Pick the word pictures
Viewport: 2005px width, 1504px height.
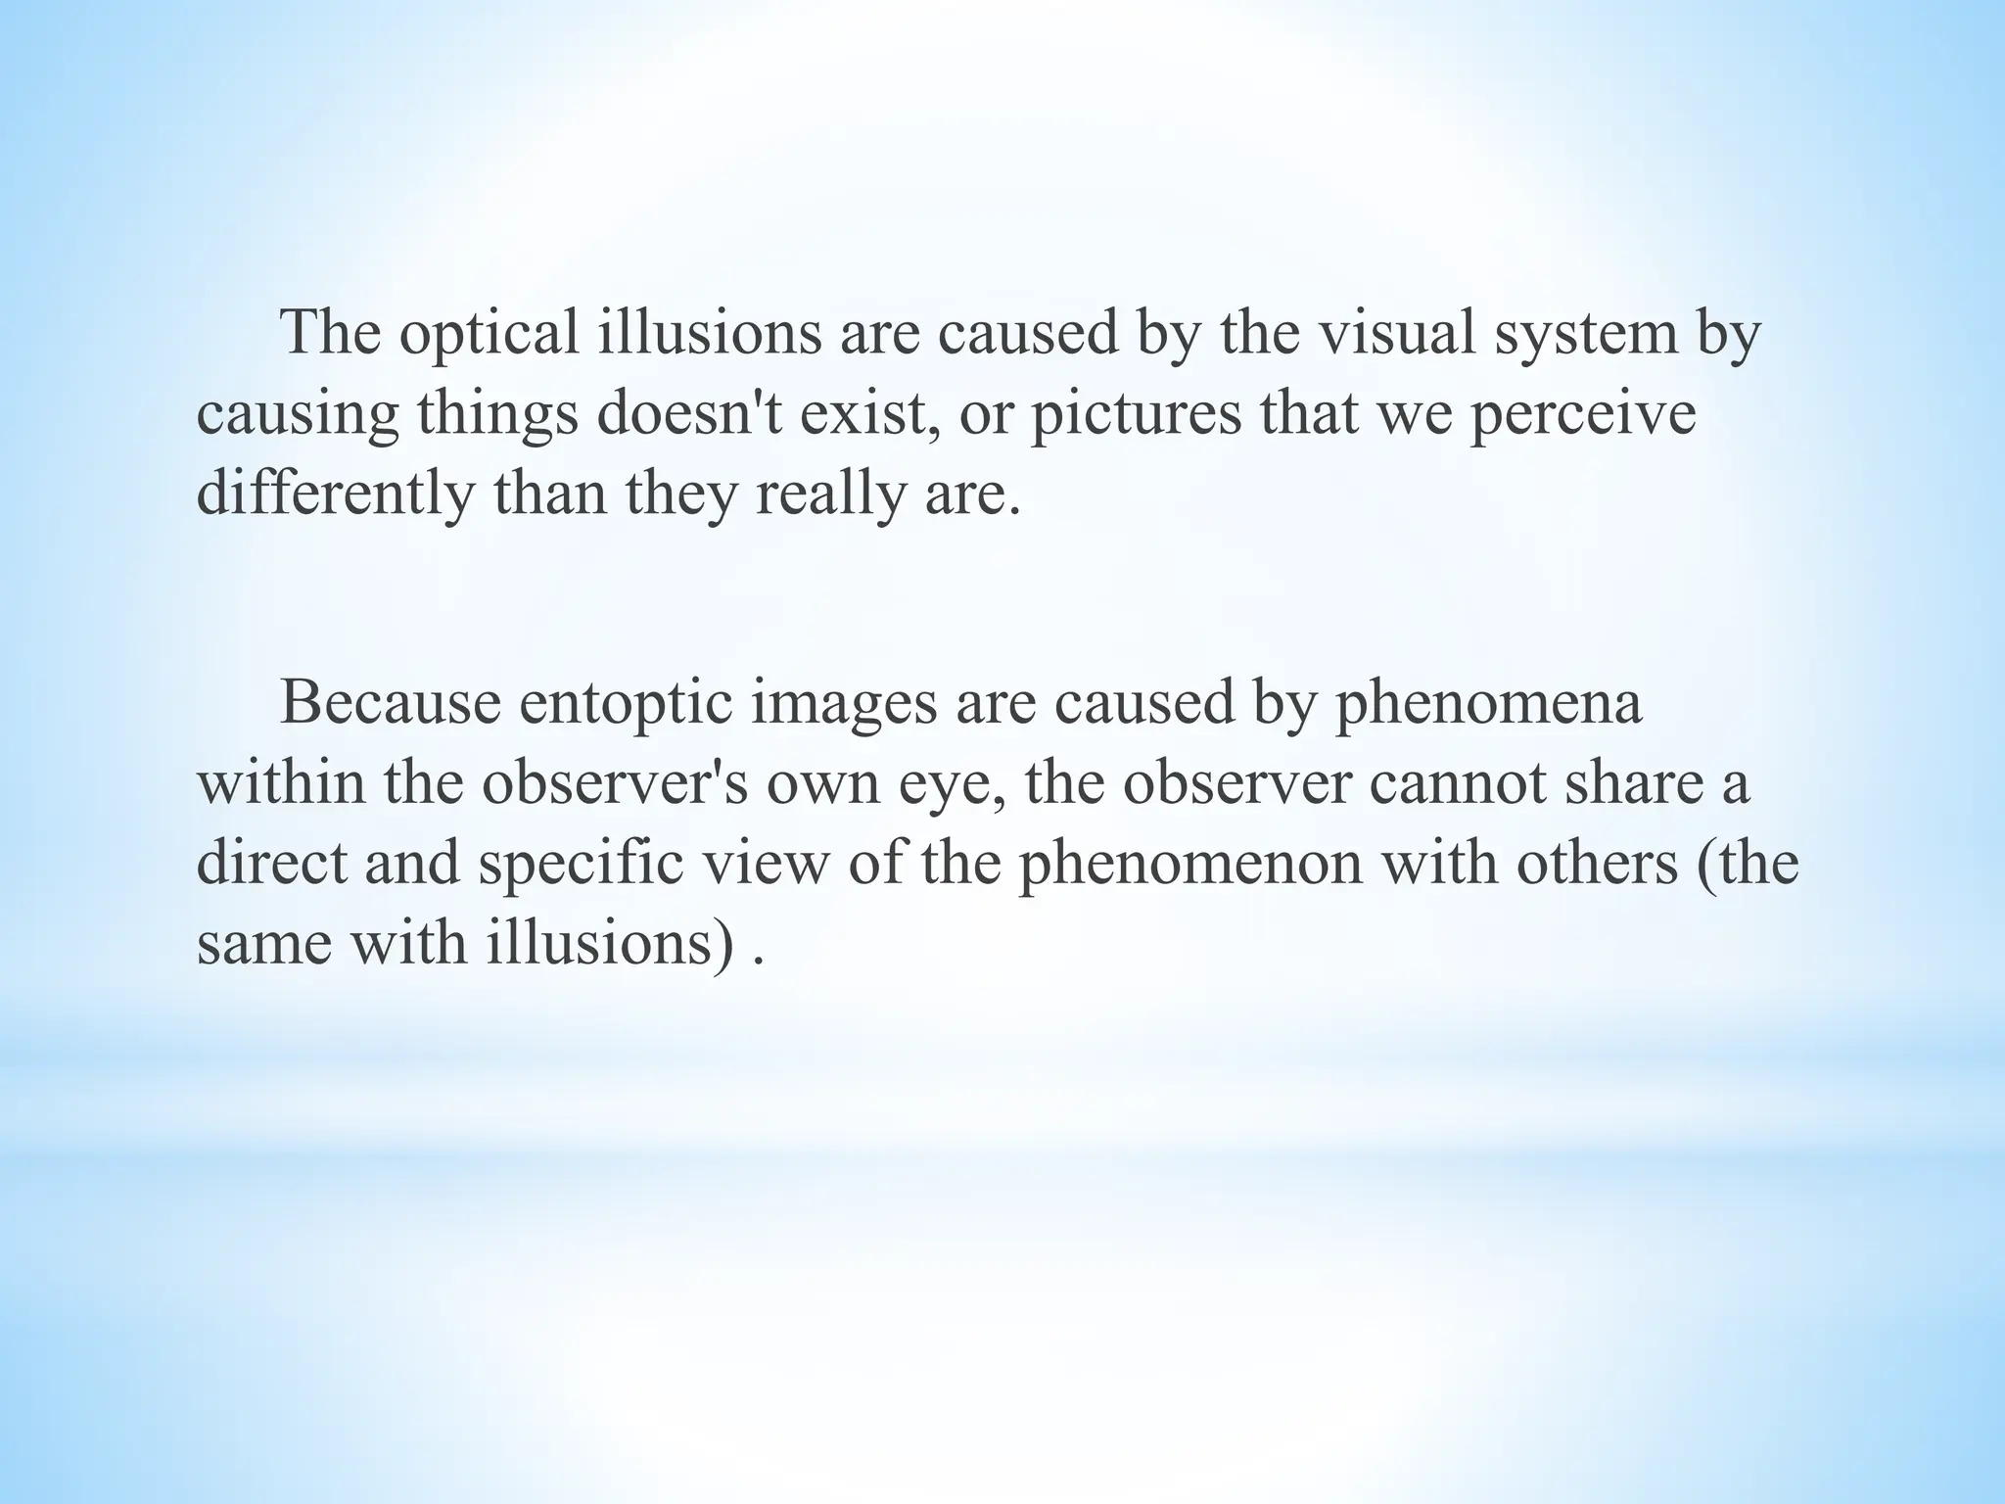coord(1136,413)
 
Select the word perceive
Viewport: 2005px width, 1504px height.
coord(1582,413)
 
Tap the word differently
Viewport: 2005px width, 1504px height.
coord(335,493)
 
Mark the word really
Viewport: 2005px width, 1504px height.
coord(831,493)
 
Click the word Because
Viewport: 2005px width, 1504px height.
coord(391,703)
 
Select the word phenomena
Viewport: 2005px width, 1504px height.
coord(1488,703)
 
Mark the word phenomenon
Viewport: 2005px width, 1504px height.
coord(1190,864)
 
